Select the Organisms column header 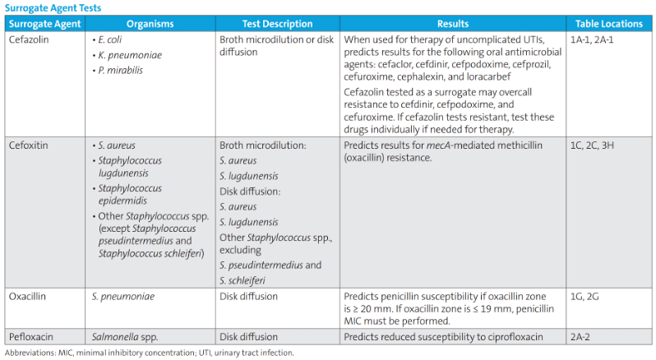click(x=150, y=24)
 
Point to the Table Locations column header click(x=610, y=24)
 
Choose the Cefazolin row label click(x=28, y=39)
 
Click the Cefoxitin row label click(x=28, y=145)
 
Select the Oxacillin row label click(x=27, y=297)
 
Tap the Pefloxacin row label click(x=30, y=336)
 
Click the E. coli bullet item click(x=111, y=39)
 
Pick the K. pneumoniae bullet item click(x=128, y=55)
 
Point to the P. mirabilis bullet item click(x=121, y=71)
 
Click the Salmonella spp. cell click(x=122, y=336)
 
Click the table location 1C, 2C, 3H click(x=594, y=145)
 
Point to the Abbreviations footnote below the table click(x=149, y=353)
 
